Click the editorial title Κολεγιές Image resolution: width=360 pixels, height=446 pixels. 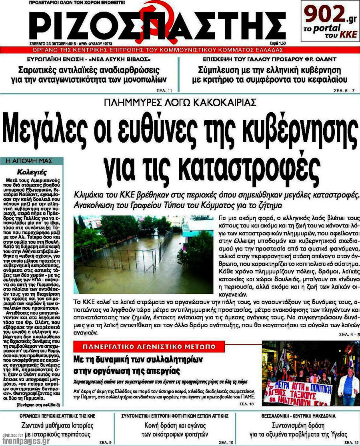coord(32,173)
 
